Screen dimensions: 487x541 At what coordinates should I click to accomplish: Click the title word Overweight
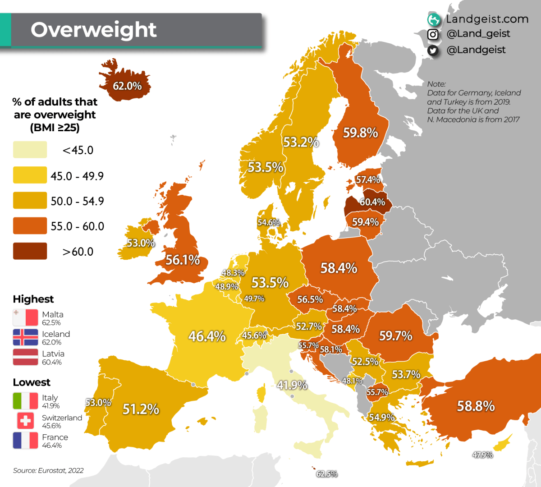(x=93, y=30)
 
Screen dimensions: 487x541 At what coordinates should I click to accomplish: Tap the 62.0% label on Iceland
(x=127, y=86)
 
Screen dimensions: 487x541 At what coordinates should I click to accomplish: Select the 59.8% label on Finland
(x=360, y=133)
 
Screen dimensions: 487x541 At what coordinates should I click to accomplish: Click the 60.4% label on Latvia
(x=372, y=202)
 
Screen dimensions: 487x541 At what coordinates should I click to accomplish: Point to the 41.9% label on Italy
(x=292, y=385)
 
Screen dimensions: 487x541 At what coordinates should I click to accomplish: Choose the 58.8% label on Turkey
(x=476, y=406)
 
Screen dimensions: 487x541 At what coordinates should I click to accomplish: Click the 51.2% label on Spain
(x=141, y=409)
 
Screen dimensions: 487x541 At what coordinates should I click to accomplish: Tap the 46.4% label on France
(x=207, y=336)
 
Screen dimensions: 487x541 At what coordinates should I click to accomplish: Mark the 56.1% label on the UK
(x=182, y=260)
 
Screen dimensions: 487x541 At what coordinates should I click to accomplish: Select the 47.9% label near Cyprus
(x=482, y=455)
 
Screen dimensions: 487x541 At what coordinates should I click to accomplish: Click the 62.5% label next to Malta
(x=327, y=474)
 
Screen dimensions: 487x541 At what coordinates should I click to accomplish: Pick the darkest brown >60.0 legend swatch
(x=30, y=251)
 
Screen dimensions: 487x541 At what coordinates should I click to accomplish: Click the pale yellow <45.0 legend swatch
(x=30, y=150)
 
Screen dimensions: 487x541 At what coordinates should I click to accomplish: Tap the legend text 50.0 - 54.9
(x=77, y=201)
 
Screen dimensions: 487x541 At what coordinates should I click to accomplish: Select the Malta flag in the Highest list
(x=25, y=318)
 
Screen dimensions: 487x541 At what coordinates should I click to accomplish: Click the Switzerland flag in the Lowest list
(x=25, y=421)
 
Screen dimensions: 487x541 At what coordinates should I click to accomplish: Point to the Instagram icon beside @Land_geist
(x=433, y=34)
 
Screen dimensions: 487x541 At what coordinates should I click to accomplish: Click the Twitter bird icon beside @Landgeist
(x=433, y=51)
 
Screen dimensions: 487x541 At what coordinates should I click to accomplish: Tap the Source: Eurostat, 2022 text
(x=48, y=470)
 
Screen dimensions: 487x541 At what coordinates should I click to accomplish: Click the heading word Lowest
(x=32, y=382)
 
